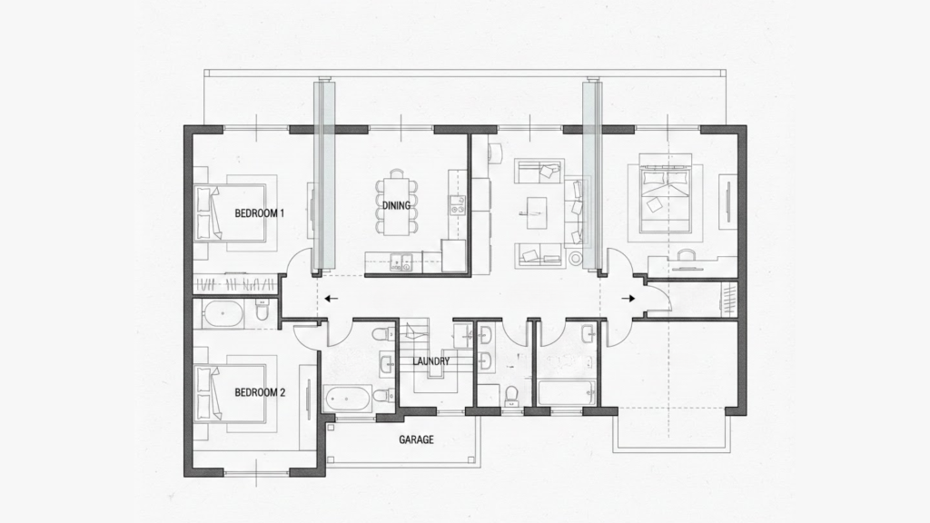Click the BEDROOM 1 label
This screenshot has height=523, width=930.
pos(260,213)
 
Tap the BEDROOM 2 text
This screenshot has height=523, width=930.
pos(260,393)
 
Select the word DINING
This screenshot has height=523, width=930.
pos(396,206)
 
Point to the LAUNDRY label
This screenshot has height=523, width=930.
pos(430,361)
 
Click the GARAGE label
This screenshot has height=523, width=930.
pos(416,439)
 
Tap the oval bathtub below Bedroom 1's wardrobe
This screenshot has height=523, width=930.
pos(223,315)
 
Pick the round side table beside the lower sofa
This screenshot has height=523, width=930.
pos(575,259)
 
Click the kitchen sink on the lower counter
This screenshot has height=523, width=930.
pos(401,263)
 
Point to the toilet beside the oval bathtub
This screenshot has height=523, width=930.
pos(262,312)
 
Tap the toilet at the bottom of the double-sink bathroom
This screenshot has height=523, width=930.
pos(511,392)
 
